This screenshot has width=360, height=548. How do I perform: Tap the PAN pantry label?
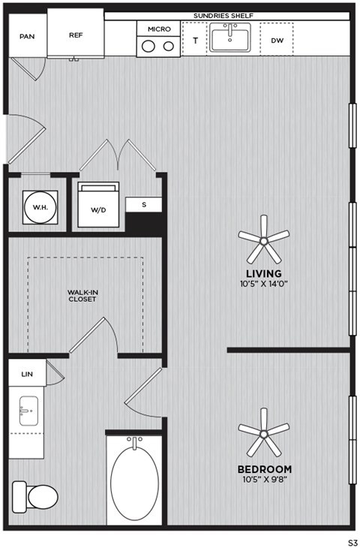coord(27,36)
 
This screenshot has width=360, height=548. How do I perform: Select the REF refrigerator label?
coord(76,35)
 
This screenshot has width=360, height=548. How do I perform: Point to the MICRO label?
coord(159,29)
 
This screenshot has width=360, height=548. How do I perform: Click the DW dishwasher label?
coord(276,41)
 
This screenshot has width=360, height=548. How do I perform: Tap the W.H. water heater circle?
coord(37,205)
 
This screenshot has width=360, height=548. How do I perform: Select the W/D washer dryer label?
coord(98,209)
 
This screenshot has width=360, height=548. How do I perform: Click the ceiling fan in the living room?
coord(263,238)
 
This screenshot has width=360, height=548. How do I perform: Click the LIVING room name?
coord(263,273)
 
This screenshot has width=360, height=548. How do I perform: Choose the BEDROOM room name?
coord(263,469)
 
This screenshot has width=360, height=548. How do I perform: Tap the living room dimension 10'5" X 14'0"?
coord(263,285)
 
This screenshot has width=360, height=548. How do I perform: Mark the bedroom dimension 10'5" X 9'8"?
coord(263,480)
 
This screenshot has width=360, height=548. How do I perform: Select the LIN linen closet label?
coord(27,373)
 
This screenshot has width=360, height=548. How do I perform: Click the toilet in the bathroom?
coord(36,495)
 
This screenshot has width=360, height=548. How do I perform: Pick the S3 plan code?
coord(351,540)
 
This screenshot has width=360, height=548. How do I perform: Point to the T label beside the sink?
coord(195,41)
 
